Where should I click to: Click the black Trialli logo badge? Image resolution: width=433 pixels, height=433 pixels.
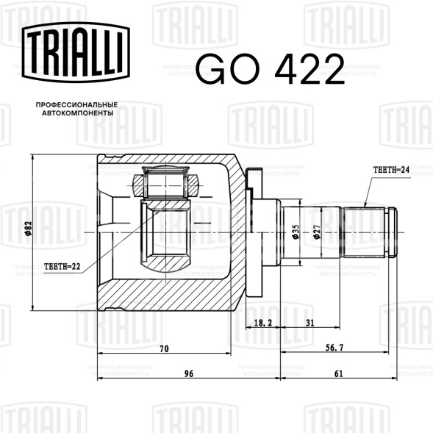pos(76,52)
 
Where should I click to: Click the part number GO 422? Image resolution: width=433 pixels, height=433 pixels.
pos(271,69)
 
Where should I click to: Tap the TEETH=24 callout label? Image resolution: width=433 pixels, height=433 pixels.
pos(391,170)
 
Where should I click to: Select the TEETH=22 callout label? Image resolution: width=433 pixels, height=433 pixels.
pos(62,266)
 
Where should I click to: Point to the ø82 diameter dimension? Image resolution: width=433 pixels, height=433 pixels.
pos(29,229)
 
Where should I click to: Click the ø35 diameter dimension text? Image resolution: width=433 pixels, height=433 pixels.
pos(296,232)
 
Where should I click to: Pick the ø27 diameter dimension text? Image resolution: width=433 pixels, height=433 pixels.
pos(317,232)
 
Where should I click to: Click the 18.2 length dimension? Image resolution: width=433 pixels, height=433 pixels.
pos(263,323)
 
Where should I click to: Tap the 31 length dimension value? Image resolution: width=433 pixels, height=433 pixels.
pos(310,323)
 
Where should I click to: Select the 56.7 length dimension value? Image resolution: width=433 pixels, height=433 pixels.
pos(334,348)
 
